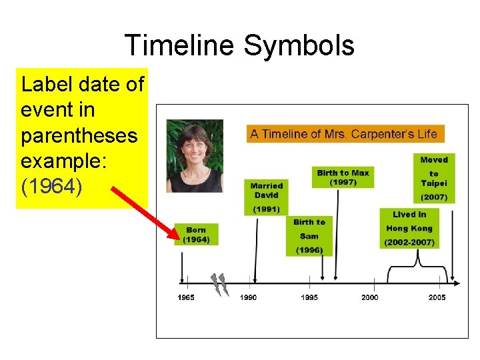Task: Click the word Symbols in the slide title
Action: pos(299,46)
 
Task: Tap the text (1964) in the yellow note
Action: pos(52,187)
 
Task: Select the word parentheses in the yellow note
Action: pos(79,135)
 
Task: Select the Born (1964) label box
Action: pos(196,235)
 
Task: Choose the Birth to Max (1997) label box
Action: pos(343,177)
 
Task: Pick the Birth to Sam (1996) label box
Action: pos(309,236)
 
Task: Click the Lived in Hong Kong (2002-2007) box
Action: pos(409,229)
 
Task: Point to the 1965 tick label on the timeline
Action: pos(186,297)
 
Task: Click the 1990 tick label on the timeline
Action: pos(248,297)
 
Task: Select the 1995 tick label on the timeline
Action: pos(309,297)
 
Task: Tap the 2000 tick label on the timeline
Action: pos(369,297)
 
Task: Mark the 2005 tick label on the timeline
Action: pos(437,297)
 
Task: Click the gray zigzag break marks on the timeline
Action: pos(219,284)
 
